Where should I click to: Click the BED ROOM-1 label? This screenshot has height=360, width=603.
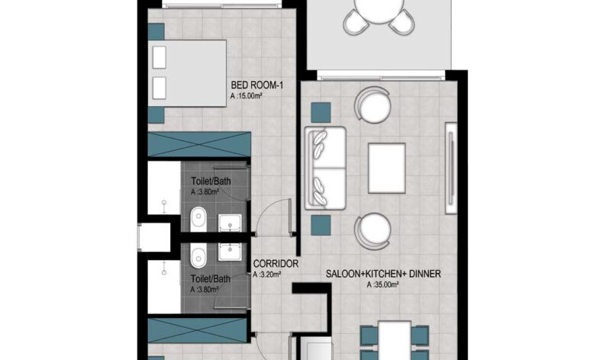257,85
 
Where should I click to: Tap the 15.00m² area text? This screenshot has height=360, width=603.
246,96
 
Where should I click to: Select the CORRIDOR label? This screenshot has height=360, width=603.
276,264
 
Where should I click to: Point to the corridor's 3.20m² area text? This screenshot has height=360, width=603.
267,275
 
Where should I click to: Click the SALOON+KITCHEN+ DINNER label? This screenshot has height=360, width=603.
383,274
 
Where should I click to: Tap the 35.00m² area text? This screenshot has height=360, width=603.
382,284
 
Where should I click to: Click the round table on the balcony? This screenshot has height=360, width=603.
379,11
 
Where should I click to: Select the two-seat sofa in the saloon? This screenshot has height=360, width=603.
325,169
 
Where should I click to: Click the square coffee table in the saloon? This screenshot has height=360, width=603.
386,169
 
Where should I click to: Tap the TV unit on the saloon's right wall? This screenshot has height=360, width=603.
450,168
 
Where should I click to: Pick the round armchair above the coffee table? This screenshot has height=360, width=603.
372,104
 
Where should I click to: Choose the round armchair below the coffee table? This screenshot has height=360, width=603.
372,232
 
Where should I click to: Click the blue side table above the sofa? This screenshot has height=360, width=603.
321,113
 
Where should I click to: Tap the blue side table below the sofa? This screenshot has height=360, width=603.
321,225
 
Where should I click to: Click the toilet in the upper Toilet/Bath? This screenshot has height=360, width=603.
198,220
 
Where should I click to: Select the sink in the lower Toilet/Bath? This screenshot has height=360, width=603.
230,251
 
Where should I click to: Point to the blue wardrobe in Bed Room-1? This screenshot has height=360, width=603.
199,144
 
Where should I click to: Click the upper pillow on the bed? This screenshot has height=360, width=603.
160,58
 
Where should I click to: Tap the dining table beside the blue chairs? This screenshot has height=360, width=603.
394,341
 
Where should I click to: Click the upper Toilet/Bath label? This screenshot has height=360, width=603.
211,181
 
